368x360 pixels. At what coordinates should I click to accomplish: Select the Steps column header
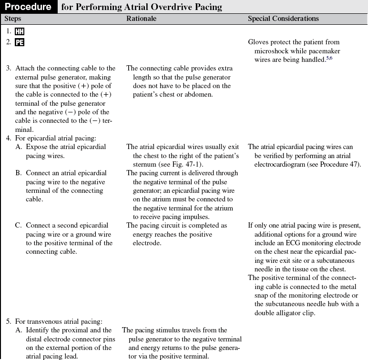tap(13, 19)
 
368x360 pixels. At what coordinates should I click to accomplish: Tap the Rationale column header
tap(141, 19)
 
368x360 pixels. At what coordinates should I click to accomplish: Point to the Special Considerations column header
tap(283, 19)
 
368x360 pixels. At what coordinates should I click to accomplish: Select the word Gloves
tap(259, 42)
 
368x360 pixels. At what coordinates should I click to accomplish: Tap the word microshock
tap(272, 51)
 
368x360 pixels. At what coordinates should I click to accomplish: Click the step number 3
tap(9, 69)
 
